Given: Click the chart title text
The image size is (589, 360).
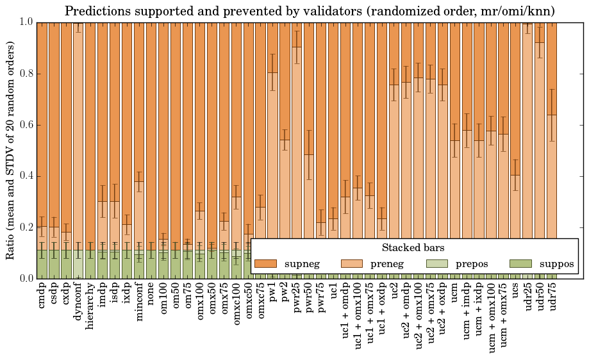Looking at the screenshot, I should [310, 11].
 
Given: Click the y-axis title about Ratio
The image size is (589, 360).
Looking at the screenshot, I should [11, 151].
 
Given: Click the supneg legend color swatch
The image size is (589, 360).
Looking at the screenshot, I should [265, 264].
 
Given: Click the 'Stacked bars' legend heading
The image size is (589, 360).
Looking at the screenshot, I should [413, 247].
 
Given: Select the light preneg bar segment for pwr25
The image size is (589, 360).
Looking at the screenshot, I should [297, 160].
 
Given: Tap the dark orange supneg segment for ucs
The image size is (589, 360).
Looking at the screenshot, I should [516, 96].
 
